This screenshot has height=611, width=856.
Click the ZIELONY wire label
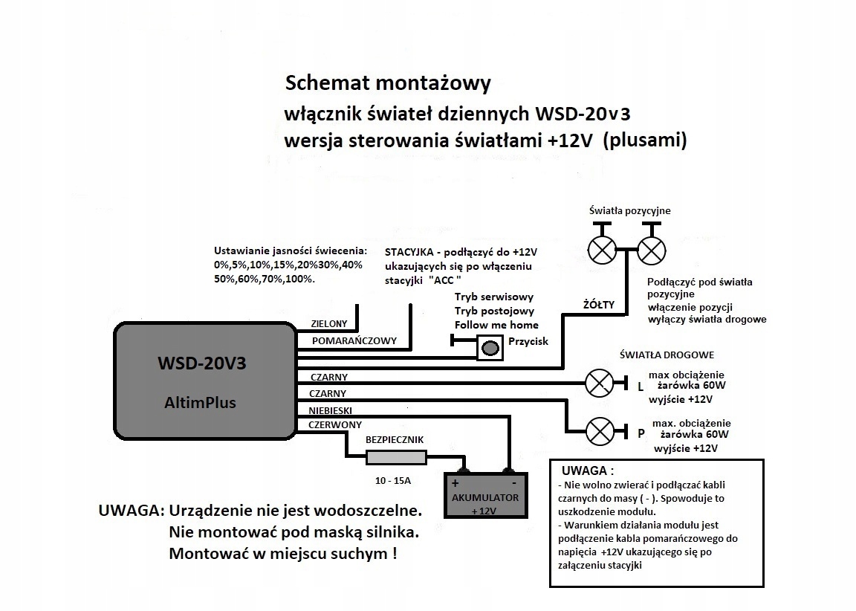click(328, 324)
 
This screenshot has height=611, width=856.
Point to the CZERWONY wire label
click(329, 424)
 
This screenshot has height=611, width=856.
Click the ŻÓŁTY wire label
click(598, 303)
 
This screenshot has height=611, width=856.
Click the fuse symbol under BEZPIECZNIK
click(396, 457)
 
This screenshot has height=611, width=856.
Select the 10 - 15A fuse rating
click(392, 481)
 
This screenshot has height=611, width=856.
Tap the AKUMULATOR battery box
click(485, 496)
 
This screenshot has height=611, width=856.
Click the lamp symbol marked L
click(600, 383)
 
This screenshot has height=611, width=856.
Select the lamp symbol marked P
click(600, 430)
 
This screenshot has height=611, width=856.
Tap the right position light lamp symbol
click(652, 248)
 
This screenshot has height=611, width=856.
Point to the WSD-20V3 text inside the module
click(201, 364)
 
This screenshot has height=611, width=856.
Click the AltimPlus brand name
click(200, 403)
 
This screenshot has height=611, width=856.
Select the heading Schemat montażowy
click(388, 83)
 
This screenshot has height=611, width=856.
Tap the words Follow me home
click(496, 325)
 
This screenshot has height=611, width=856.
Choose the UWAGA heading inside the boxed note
click(588, 471)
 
